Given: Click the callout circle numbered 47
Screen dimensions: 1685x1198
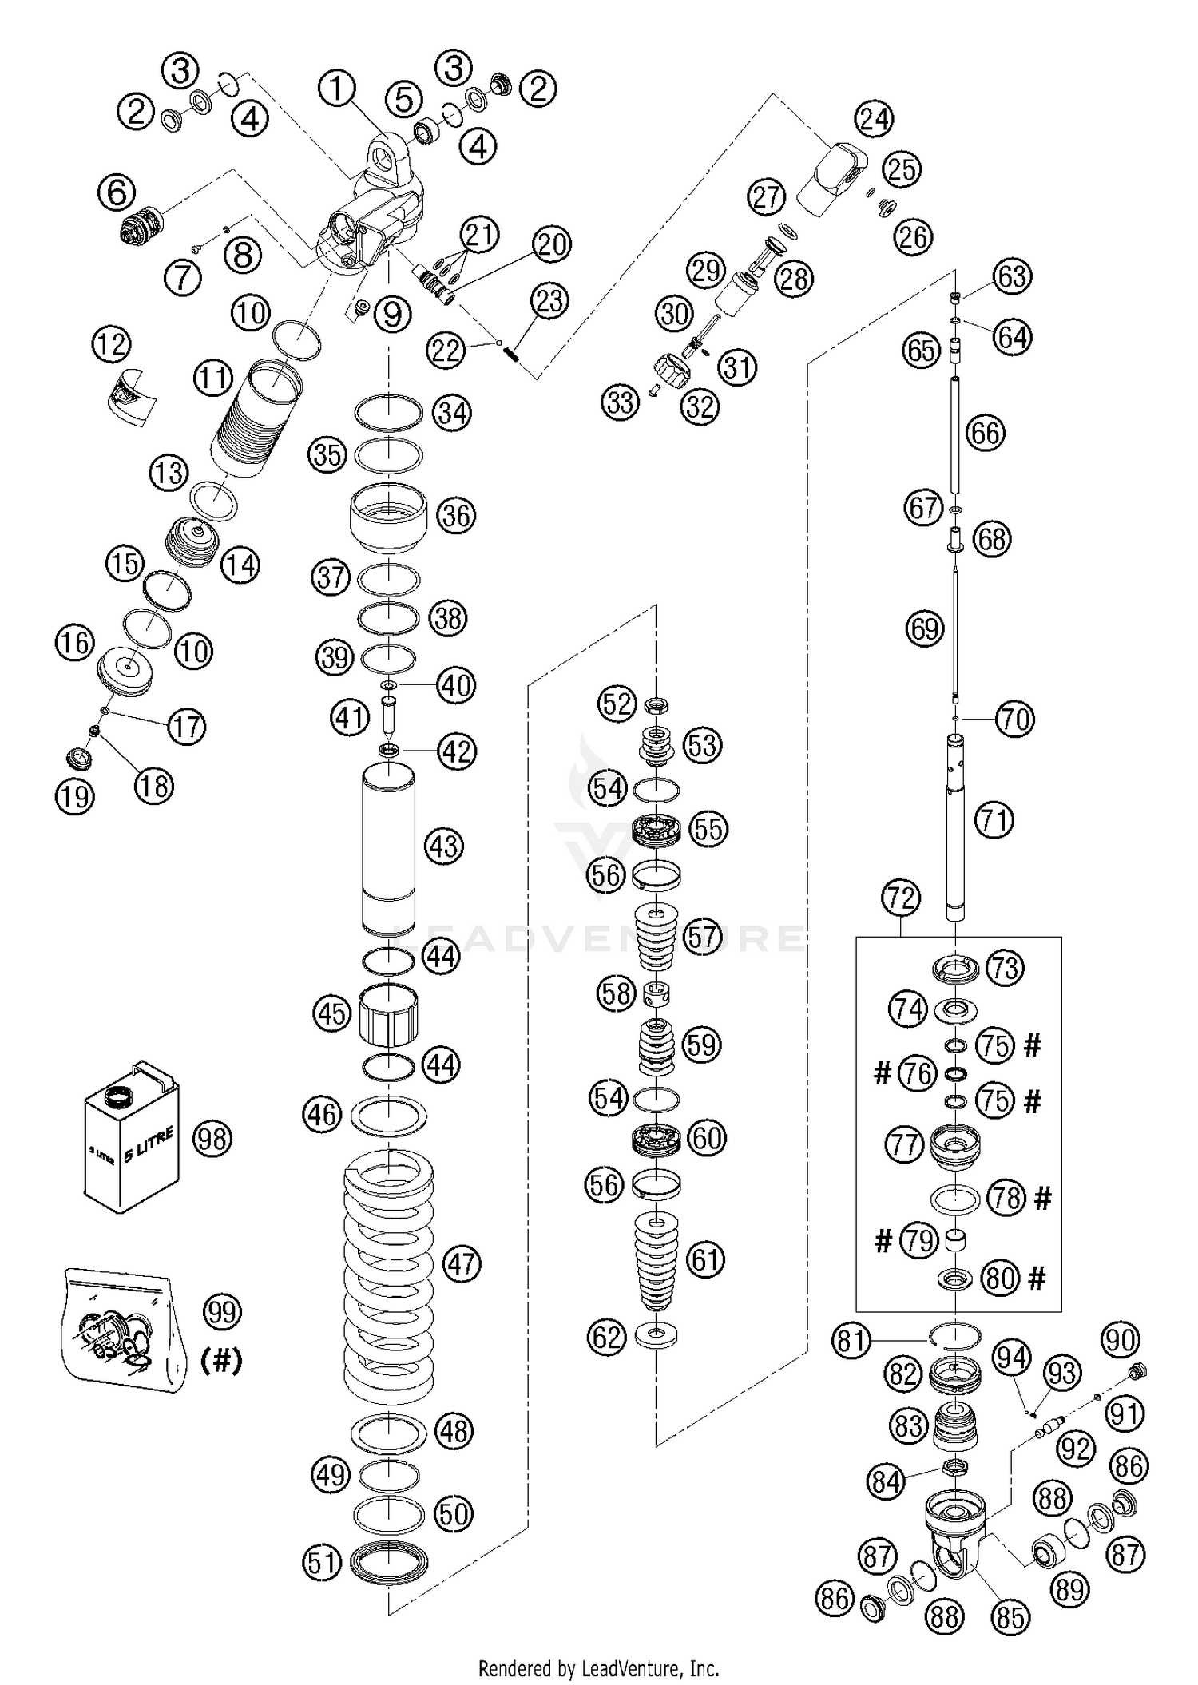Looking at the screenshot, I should coord(461,1264).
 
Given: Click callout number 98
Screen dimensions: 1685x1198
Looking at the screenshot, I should coord(212,1139).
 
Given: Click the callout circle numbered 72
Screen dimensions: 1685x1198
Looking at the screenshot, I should coord(901,898).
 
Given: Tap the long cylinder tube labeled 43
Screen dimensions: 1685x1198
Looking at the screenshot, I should coord(389,848).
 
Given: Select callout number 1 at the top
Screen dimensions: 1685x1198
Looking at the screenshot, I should coord(337,89).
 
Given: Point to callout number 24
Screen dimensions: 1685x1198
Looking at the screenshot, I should coord(874,119).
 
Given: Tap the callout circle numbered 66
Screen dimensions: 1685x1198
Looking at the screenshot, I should coord(985,433).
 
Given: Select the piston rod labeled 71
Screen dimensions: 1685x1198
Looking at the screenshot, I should coord(956,823).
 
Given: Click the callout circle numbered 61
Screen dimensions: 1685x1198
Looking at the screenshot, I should coord(704,1259).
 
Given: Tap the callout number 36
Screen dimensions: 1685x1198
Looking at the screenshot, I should coord(456,515).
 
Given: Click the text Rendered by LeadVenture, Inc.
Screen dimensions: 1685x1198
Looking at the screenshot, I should coord(598,1668).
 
